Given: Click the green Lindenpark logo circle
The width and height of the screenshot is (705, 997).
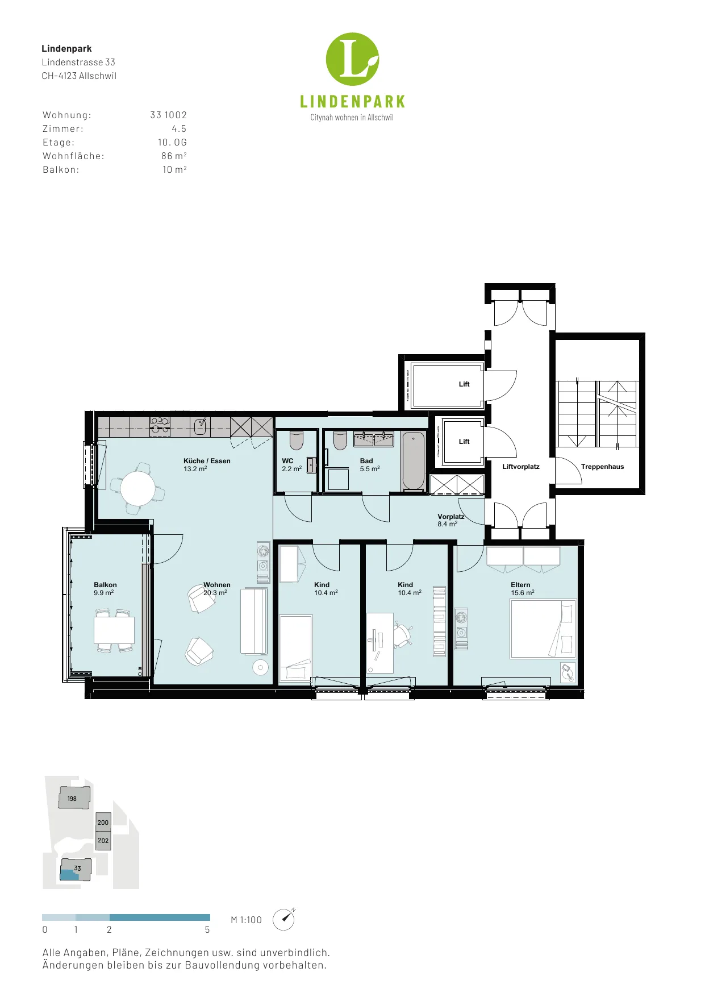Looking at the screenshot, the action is point(352,59).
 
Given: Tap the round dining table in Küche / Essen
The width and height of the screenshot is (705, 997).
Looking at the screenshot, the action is point(137,488).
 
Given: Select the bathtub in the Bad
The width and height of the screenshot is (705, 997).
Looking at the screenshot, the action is point(414,460).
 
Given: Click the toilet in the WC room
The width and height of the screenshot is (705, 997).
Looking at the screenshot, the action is point(297,440).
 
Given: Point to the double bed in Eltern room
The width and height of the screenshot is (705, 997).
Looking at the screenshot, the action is point(543,629).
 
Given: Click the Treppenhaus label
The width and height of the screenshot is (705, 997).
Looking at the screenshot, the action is point(602,467).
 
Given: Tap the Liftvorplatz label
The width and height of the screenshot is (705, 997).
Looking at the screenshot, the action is point(521,467).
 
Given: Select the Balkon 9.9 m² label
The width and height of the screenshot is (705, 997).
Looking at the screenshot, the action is point(105,588).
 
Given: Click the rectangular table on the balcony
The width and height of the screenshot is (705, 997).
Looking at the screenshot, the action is point(114,630).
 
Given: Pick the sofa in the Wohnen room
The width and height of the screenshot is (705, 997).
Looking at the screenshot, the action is point(253,621).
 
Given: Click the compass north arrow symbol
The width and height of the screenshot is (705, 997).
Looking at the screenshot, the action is point(284,919).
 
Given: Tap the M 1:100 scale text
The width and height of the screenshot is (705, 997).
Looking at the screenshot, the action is point(246,920).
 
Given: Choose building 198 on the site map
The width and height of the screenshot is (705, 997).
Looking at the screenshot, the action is point(74,797).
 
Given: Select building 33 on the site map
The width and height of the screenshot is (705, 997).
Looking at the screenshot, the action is point(76,869).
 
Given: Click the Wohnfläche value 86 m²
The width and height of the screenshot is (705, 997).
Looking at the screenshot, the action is point(174,156).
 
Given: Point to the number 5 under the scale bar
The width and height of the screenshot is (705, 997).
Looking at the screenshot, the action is point(207,930).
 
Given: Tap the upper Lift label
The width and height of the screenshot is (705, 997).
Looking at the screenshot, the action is point(464,384).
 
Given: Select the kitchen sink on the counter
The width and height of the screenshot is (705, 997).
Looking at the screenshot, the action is point(200,426).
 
